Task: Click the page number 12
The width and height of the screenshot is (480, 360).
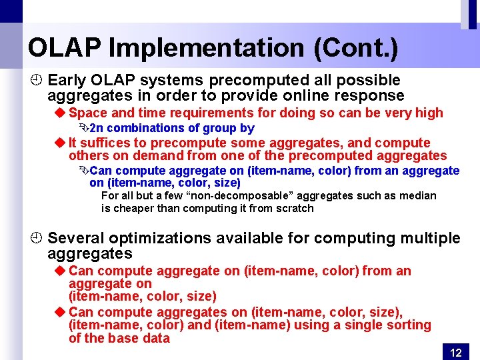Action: point(456,353)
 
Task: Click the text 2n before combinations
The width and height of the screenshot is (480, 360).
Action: point(96,128)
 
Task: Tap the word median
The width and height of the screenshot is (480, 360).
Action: point(419,195)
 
